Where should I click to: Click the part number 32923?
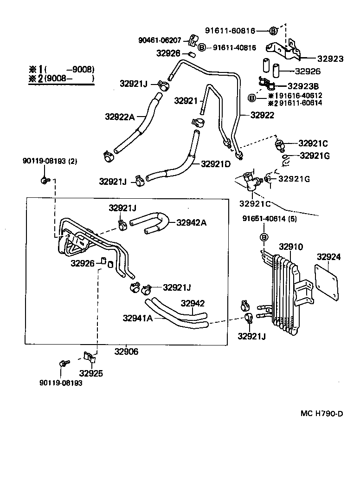pos(330,59)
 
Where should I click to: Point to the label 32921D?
pos(216,164)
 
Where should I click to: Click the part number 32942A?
pos(191,222)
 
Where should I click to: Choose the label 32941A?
pos(138,318)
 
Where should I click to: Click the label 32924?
pos(328,257)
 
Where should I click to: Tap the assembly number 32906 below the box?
pos(126,352)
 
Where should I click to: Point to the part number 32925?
pos(91,373)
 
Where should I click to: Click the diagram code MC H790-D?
pos(321,414)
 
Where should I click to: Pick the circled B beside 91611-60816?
pos(274,31)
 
